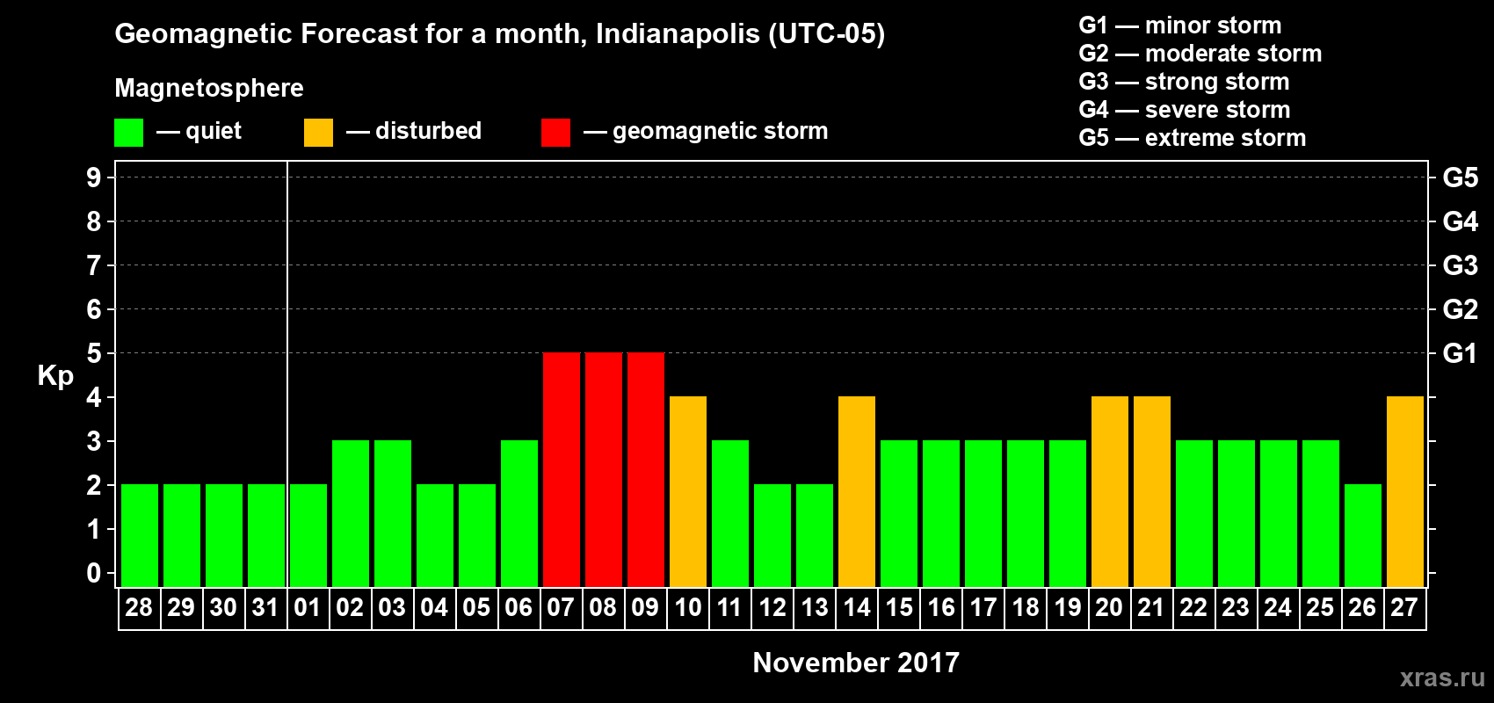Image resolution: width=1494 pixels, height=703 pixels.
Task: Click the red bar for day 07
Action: [x=562, y=469]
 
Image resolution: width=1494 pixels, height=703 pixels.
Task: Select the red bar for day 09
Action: [x=646, y=469]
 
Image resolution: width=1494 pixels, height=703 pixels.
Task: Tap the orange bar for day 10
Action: [x=688, y=491]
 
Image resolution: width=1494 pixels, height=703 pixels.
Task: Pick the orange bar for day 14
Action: [x=857, y=491]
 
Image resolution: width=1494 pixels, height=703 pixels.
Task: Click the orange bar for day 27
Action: [x=1405, y=491]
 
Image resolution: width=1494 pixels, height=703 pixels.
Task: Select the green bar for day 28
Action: [x=140, y=535]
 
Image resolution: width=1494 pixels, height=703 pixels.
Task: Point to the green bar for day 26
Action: [x=1363, y=535]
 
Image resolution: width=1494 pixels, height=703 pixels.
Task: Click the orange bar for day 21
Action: [x=1152, y=491]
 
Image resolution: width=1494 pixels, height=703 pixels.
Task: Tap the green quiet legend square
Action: [x=128, y=133]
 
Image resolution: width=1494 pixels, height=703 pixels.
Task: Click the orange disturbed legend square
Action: [x=318, y=133]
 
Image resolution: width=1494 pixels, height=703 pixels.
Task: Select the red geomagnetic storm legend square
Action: [x=555, y=133]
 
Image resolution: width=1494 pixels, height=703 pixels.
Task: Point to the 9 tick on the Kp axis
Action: [x=94, y=178]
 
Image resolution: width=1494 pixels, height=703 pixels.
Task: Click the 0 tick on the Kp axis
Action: [x=94, y=573]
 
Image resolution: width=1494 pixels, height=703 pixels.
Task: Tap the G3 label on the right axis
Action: [x=1460, y=265]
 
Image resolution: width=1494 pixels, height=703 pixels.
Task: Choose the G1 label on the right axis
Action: [x=1460, y=353]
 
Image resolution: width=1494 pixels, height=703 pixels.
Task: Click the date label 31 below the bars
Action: [x=265, y=607]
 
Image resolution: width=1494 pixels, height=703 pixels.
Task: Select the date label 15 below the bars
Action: [x=899, y=607]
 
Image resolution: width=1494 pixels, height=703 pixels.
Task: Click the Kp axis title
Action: [x=55, y=375]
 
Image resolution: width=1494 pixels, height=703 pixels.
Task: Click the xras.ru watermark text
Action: [x=1442, y=677]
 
